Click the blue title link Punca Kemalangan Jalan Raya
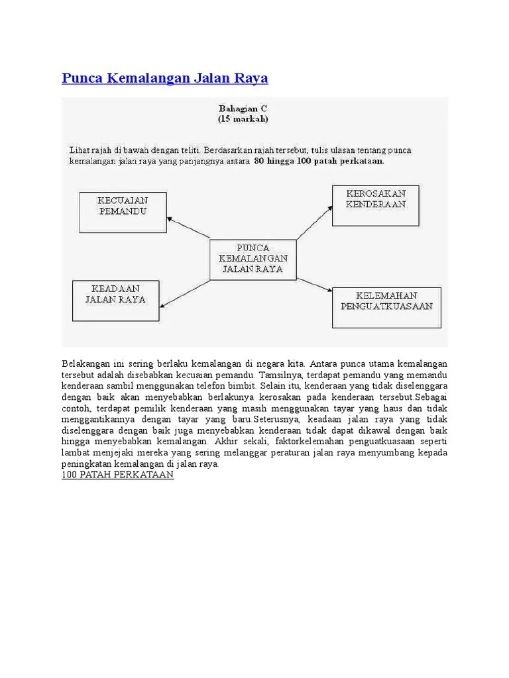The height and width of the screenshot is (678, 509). click(x=165, y=78)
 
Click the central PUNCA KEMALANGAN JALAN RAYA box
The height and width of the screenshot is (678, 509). click(x=253, y=259)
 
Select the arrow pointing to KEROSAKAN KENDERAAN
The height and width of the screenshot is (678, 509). click(x=313, y=221)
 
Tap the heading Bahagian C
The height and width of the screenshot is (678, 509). click(x=243, y=109)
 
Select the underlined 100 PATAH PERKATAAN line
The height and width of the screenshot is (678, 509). click(x=118, y=476)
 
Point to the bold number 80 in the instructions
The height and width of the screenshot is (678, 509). click(x=259, y=160)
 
